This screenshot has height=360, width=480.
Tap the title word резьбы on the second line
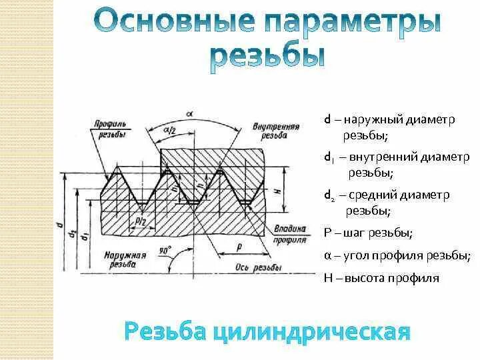point(268,58)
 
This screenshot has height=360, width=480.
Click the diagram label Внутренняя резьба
point(270,129)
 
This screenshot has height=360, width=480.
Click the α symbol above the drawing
point(190,113)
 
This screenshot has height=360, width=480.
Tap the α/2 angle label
point(169,130)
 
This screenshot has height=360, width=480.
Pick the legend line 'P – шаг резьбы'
point(368,233)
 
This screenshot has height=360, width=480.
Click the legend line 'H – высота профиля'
point(381,278)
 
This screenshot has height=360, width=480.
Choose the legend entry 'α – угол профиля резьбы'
point(397,255)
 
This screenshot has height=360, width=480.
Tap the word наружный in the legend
point(375,120)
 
